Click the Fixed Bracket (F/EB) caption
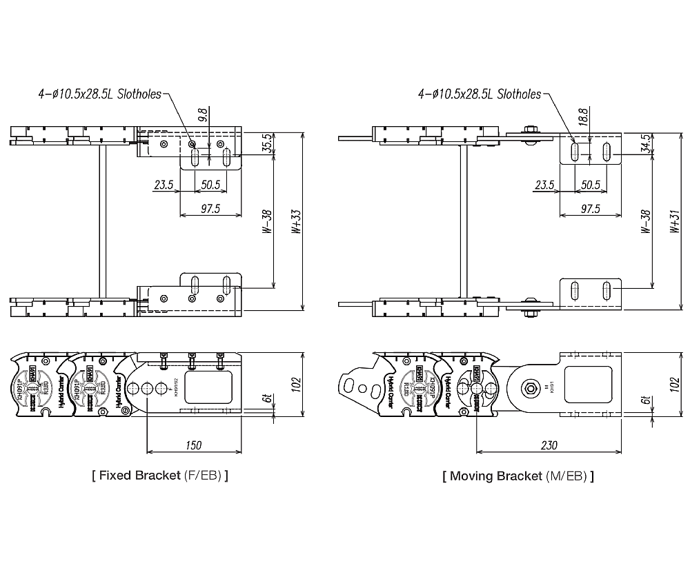point(159,476)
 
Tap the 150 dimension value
point(194,446)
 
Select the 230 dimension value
point(549,446)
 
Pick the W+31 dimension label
point(674,222)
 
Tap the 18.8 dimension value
point(583,116)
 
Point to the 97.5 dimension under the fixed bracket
point(209,209)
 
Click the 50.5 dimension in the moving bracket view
point(590,185)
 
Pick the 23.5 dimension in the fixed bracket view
point(163,185)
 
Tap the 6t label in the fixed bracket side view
point(265,400)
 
